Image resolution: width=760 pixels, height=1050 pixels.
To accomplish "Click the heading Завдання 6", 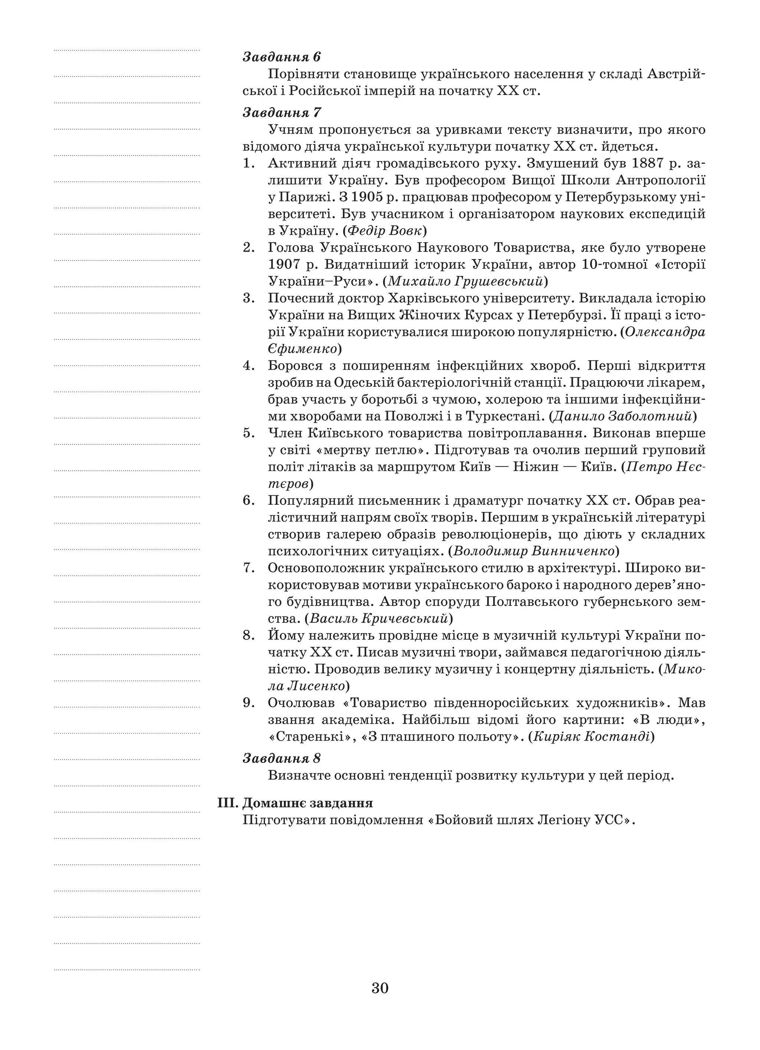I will coord(281,58).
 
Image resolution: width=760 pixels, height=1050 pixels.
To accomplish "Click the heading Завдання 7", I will coord(281,112).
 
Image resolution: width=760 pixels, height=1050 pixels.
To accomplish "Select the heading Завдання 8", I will coord(281,758).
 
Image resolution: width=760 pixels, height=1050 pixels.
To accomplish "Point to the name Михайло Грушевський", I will coord(465,281).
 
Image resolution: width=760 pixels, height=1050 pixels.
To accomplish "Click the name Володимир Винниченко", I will coord(534,551).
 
